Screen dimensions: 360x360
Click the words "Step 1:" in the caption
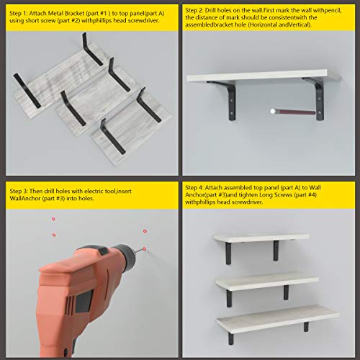pyautogui.click(x=18, y=13)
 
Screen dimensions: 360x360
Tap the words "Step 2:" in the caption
pyautogui.click(x=194, y=10)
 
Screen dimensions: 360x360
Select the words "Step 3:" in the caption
pyautogui.click(x=19, y=191)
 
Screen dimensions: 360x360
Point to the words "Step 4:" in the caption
pyautogui.click(x=194, y=187)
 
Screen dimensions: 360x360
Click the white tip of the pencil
pyautogui.click(x=272, y=111)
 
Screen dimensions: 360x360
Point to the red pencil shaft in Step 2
pyautogui.click(x=295, y=112)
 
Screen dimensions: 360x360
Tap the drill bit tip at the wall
pyautogui.click(x=143, y=249)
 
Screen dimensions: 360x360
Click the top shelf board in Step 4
pyautogui.click(x=261, y=238)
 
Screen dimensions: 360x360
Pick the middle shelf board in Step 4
pyautogui.click(x=267, y=280)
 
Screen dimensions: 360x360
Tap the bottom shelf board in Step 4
pyautogui.click(x=278, y=318)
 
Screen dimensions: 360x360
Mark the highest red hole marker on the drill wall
pyautogui.click(x=53, y=219)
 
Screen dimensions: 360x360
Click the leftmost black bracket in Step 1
pyautogui.click(x=27, y=91)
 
